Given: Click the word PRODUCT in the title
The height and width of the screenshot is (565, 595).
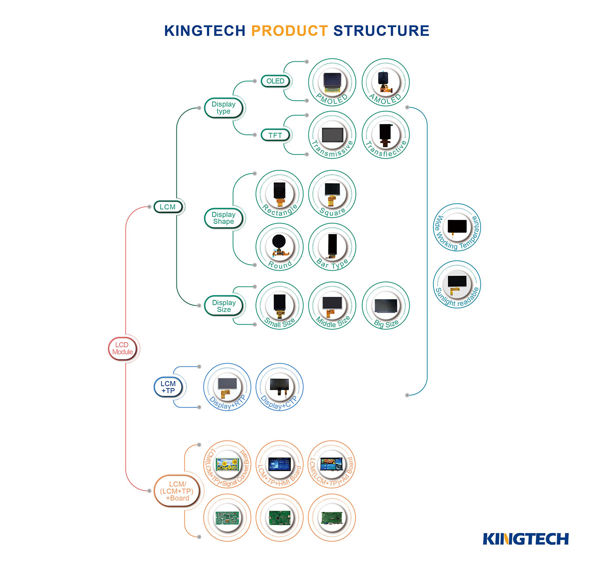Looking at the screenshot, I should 289,31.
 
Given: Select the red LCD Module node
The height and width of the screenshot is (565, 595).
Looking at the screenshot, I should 122,349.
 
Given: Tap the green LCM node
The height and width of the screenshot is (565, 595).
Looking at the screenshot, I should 168,207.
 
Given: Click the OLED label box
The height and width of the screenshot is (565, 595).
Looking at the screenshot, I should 275,81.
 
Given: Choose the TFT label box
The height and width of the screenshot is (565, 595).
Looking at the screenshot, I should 275,135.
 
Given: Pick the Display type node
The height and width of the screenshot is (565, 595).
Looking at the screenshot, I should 224,108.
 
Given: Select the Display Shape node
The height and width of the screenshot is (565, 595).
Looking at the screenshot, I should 224,218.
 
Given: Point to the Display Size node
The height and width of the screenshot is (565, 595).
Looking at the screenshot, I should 224,306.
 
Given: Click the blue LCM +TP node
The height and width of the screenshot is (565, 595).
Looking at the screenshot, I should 168,387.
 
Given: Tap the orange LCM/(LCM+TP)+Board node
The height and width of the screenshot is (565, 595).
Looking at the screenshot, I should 179,491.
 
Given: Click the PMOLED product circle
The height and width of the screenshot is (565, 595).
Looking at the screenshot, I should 332,82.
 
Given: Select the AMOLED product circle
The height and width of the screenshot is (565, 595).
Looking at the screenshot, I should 385,82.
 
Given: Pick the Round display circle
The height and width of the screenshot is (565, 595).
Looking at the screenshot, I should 279,247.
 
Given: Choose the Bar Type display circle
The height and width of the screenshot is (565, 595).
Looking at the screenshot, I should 332,247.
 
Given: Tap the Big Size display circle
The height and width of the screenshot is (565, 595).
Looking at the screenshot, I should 385,305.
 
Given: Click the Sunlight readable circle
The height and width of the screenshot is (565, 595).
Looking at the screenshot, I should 457,284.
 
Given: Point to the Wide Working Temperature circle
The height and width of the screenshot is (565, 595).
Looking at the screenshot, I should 457,227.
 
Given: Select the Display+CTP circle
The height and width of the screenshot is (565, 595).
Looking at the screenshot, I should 279,387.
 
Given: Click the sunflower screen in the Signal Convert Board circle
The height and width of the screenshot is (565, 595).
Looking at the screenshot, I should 227,463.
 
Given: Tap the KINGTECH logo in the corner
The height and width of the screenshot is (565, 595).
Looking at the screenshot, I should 525,539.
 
